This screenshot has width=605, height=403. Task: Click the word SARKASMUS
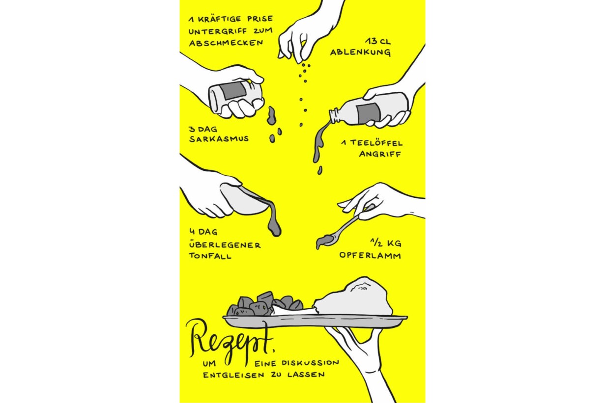point(219,139)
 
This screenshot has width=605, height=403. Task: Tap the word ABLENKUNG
point(360,52)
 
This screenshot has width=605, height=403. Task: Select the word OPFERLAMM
point(370,255)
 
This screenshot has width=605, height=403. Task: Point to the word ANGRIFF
point(380,154)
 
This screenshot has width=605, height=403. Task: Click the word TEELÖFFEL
point(376,142)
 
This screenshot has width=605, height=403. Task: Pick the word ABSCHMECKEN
point(226,43)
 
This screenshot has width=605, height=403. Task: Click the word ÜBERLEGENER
point(225,245)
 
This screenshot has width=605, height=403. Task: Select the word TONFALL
point(210,256)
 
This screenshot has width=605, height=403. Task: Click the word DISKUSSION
point(310,363)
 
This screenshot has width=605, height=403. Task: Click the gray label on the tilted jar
point(234,90)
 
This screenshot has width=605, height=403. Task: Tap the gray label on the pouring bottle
point(368,112)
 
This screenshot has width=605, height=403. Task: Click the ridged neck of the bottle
point(335,116)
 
